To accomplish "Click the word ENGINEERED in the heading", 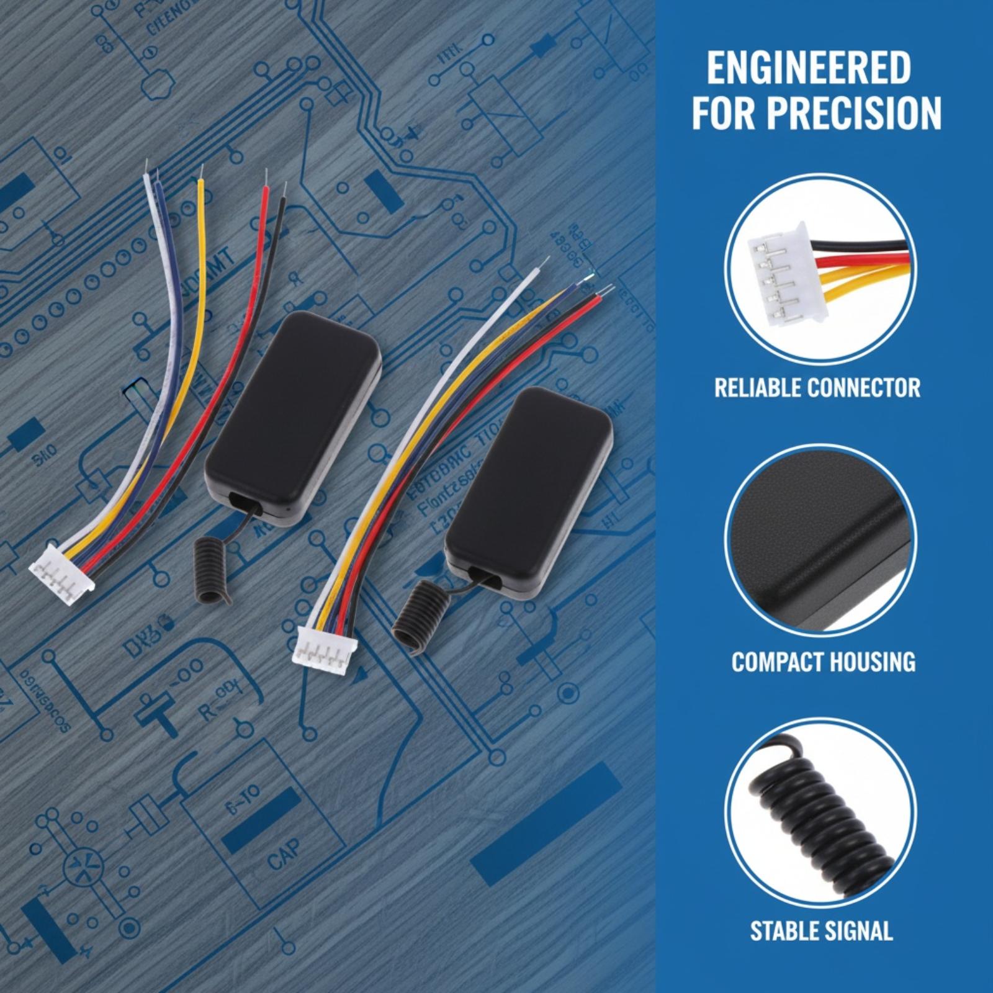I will click(808, 69).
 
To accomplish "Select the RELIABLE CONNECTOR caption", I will click(817, 389).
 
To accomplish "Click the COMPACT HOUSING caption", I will click(823, 662).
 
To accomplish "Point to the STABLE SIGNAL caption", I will click(821, 931).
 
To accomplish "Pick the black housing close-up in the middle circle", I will click(819, 534).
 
